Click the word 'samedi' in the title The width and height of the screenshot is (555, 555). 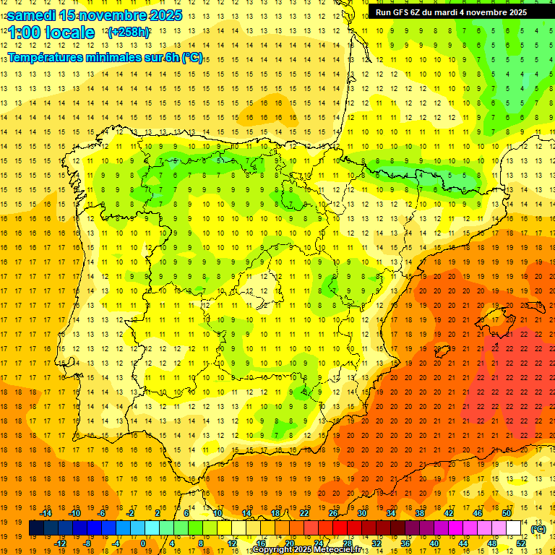(x=32, y=15)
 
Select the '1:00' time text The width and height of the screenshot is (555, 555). (x=23, y=33)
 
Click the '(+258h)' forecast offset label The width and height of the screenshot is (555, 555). (x=129, y=33)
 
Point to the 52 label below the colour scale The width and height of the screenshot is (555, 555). (x=521, y=543)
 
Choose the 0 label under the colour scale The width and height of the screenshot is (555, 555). (x=143, y=543)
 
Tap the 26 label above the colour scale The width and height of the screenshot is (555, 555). (x=333, y=513)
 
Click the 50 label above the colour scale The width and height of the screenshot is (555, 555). (x=507, y=513)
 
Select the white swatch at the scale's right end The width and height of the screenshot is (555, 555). (x=514, y=528)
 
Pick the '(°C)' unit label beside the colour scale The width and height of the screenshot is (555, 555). (x=538, y=529)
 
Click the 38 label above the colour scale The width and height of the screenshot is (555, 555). (x=420, y=513)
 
